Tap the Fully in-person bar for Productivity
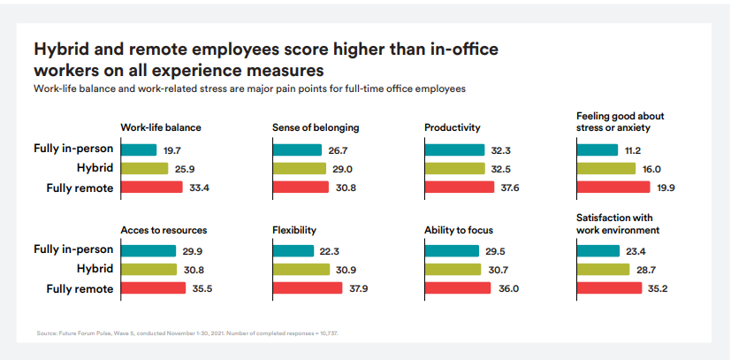tap(454, 149)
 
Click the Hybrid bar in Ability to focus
tap(452, 269)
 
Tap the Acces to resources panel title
tap(164, 230)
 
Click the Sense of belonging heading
tap(316, 127)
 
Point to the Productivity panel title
tap(452, 127)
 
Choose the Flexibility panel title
tap(294, 230)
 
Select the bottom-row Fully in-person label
tap(74, 250)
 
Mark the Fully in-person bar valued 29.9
tap(148, 250)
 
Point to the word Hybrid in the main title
tap(62, 48)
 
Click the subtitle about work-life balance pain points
tap(249, 88)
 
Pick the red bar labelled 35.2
tap(609, 288)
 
